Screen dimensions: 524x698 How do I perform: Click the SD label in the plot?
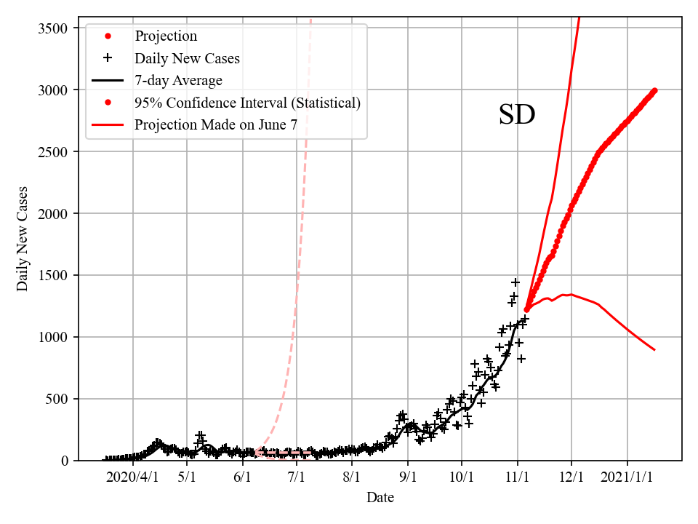point(517,115)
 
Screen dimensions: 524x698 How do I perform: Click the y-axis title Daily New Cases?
point(23,238)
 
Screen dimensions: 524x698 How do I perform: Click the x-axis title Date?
point(380,498)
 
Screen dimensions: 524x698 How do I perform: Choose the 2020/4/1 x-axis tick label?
point(132,478)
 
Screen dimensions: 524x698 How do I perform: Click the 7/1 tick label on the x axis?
point(297,478)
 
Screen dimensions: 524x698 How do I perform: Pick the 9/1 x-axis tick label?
point(408,478)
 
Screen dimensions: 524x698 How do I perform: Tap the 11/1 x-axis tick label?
point(518,478)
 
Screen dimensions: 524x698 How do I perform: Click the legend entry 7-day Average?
point(178,80)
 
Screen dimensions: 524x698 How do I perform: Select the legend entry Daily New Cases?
point(187,58)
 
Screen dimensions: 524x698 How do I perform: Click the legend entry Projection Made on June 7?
point(216,124)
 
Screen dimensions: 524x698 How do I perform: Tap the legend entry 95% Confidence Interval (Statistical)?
point(247,103)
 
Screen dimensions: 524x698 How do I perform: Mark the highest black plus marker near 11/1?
point(516,282)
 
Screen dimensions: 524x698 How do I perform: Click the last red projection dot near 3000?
point(654,90)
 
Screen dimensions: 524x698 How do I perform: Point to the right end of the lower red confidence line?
point(654,350)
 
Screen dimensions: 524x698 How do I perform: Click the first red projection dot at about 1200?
point(526,309)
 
